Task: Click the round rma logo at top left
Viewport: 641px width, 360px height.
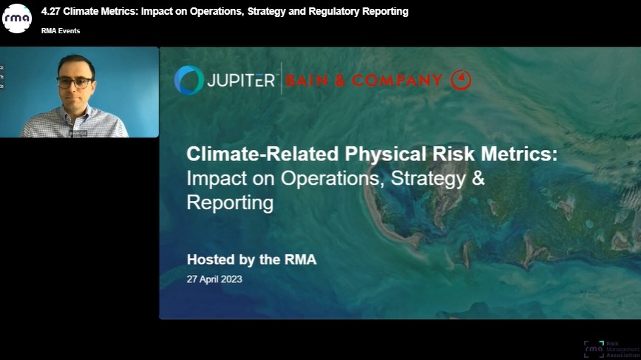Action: point(17,18)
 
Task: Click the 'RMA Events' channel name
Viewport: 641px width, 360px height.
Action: point(61,31)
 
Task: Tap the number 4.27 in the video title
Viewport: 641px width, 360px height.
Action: point(50,12)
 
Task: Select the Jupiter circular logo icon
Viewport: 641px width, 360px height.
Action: point(189,80)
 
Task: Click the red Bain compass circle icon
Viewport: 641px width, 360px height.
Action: point(461,79)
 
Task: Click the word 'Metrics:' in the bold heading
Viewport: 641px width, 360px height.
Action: point(518,154)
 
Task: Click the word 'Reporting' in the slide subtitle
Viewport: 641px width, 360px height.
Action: point(230,203)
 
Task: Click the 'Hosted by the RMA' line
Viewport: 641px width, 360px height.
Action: point(251,259)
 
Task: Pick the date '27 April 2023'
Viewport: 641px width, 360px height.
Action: point(214,279)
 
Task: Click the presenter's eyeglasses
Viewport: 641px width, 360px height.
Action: point(75,81)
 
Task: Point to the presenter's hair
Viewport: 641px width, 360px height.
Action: point(75,62)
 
